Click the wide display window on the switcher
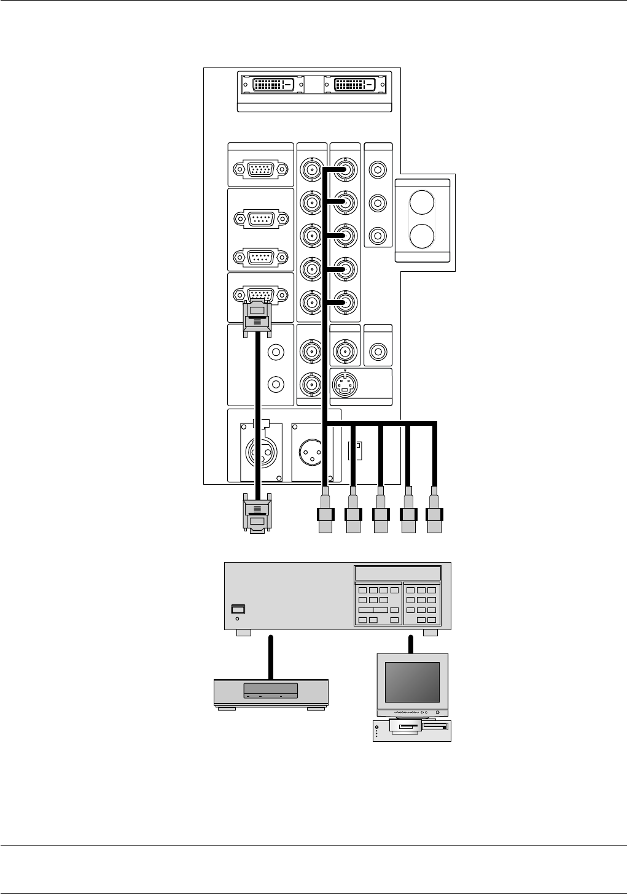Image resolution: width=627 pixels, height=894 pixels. coord(397,573)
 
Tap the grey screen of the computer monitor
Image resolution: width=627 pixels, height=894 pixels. coord(412,682)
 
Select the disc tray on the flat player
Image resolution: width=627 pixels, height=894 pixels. coord(270,689)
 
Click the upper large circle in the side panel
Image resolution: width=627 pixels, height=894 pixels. coord(422,202)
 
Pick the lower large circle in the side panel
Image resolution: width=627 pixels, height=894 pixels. coord(422,236)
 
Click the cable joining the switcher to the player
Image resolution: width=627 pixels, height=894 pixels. coord(270,657)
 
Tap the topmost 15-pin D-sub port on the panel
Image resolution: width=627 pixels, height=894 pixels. coord(261,169)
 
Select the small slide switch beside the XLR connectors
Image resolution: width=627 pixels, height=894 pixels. coord(355,451)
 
